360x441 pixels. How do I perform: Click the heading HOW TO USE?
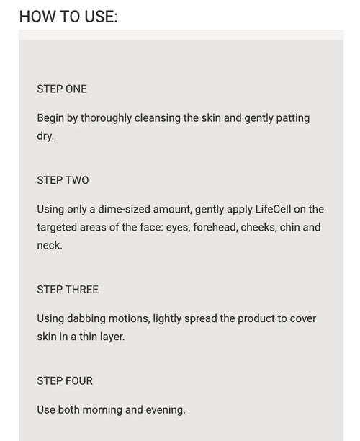point(68,17)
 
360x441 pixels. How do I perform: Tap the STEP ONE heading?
point(62,89)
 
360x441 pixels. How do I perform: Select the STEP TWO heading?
point(63,180)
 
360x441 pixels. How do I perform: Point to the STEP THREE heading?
point(68,290)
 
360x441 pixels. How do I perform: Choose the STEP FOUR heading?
point(65,380)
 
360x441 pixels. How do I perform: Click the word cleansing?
point(158,118)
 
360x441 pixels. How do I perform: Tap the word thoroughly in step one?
point(107,118)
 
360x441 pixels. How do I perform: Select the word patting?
point(293,118)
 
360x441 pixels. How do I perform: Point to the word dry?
point(45,136)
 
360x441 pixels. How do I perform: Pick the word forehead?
point(215,228)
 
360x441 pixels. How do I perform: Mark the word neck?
point(50,246)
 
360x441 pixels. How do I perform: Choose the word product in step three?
point(256,319)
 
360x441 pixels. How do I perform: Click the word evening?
point(166,410)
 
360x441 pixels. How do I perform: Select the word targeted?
point(57,228)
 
